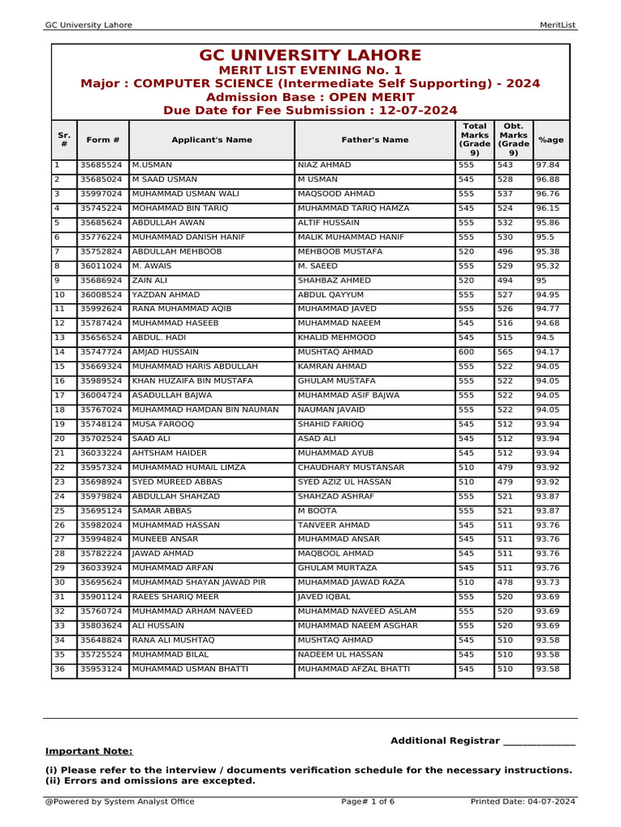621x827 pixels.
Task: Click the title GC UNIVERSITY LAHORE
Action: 310,56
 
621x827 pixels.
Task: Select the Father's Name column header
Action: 374,140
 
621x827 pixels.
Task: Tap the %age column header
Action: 551,140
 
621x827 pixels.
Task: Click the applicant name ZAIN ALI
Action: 150,280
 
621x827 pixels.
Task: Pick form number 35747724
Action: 100,352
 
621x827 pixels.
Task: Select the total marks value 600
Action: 467,352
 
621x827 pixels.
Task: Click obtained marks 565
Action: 505,352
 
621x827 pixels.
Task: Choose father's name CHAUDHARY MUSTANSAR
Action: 351,468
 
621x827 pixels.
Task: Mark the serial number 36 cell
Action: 59,669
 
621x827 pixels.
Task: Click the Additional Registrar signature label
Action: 482,741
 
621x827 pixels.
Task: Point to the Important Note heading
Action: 89,751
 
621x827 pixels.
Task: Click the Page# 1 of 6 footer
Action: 368,802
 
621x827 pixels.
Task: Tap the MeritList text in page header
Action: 557,25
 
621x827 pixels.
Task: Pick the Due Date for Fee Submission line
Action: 310,111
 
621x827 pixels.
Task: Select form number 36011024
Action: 100,266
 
